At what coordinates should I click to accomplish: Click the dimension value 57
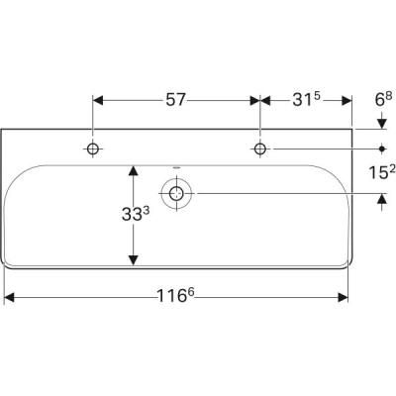click(x=175, y=99)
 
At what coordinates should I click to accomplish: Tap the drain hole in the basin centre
click(x=177, y=193)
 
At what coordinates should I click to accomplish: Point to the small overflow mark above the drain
click(x=177, y=167)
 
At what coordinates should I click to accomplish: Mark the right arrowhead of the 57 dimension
click(x=255, y=99)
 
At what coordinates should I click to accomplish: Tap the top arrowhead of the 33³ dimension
click(x=130, y=170)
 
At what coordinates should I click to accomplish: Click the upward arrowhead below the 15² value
click(x=383, y=198)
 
